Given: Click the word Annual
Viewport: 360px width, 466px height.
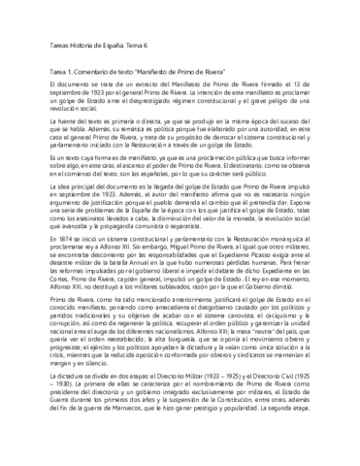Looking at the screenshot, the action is pyautogui.click(x=153, y=300).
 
